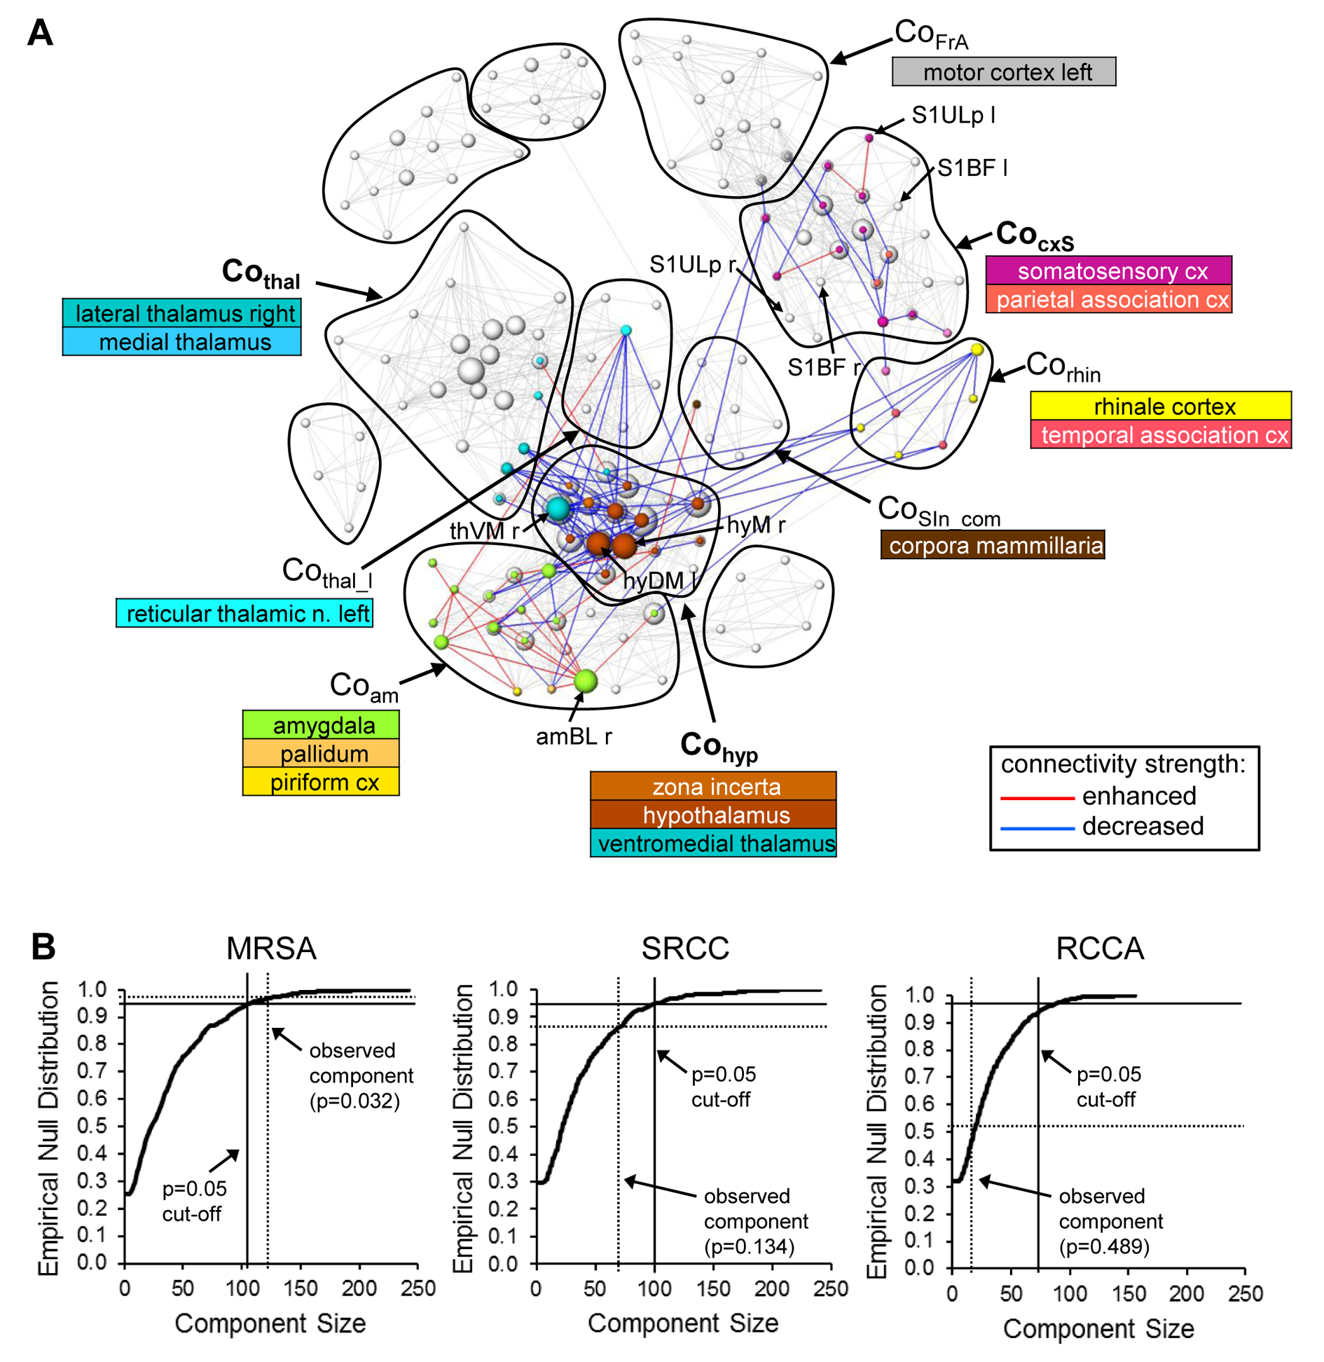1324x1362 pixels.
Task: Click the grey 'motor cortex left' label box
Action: coord(1002,71)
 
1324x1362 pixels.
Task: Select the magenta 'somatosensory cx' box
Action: coord(1108,270)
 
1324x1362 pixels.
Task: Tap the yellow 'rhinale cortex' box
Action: coord(1160,406)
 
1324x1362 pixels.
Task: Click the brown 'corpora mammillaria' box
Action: coord(992,545)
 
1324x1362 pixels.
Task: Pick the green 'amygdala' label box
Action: coord(321,724)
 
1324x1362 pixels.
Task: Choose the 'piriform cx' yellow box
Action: coord(321,781)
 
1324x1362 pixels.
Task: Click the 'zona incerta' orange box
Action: coord(712,786)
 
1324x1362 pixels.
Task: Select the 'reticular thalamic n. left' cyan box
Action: coord(244,613)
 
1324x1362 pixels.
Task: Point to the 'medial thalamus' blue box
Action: coord(181,341)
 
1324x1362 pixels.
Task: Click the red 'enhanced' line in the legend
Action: coord(1037,797)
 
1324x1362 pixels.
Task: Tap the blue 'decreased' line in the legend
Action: coord(1037,828)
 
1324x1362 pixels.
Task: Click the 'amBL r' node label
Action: coord(573,736)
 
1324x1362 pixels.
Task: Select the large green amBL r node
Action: coord(585,680)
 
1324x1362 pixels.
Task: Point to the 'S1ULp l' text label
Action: coord(953,115)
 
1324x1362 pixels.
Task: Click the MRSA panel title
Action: coord(271,948)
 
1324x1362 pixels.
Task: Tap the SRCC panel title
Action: coord(684,948)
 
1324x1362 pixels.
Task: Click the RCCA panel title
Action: coord(1099,948)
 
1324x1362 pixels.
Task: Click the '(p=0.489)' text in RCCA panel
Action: coord(1104,1246)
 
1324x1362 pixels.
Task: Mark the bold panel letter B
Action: coord(43,947)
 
